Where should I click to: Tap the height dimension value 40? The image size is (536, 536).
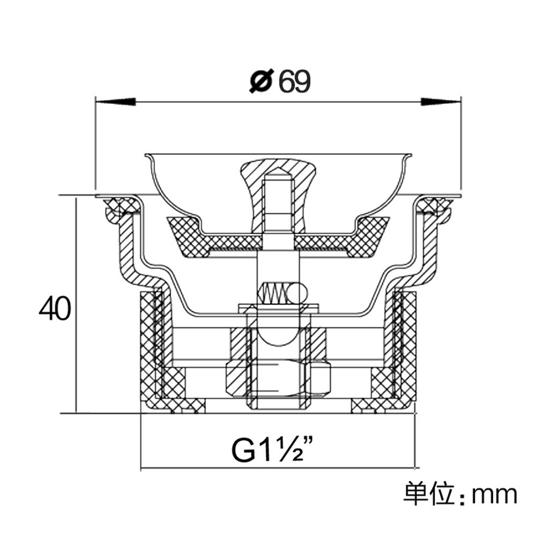click(55, 309)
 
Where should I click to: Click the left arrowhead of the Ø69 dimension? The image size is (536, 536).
click(116, 101)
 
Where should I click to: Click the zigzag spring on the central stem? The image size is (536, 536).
click(274, 293)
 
